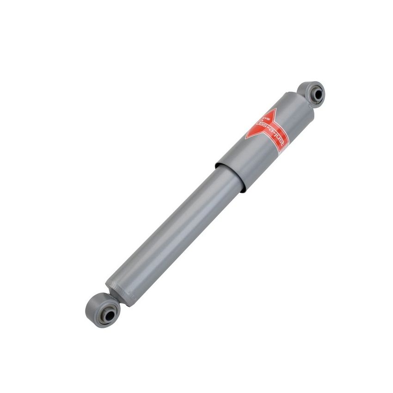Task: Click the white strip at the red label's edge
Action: pos(282,148)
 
